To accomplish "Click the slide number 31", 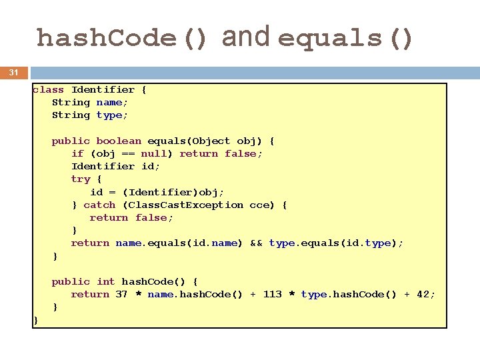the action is point(13,73).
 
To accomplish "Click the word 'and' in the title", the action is point(245,37).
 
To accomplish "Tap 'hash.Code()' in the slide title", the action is point(122,39).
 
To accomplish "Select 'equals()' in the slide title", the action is point(345,39).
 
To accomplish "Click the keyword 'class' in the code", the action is point(48,89).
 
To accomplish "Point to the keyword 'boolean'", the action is point(119,141).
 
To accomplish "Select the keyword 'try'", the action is point(80,179).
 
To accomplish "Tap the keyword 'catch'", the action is point(99,205).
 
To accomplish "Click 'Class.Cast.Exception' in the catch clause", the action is point(183,205).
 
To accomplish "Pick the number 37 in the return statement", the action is point(121,294).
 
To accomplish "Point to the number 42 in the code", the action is point(426,294).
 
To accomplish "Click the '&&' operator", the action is point(256,243).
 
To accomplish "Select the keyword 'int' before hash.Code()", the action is point(105,281).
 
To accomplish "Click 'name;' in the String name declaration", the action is point(112,102).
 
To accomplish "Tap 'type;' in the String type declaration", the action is point(112,115).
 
